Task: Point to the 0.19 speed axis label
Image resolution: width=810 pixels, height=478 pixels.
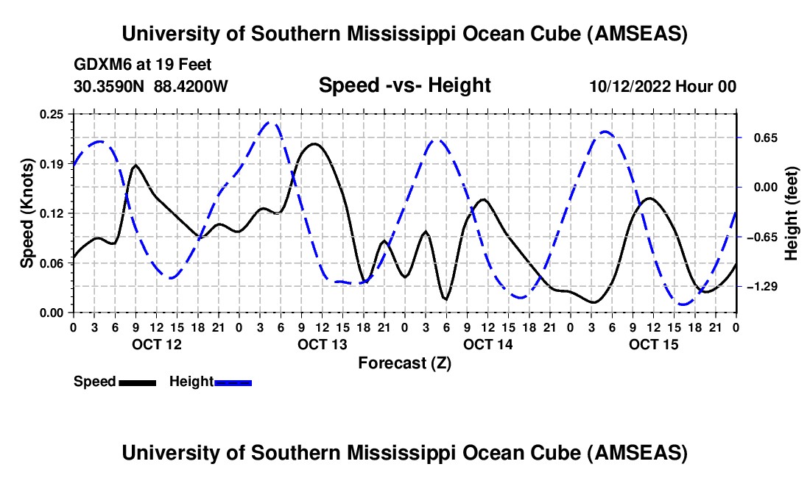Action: point(52,163)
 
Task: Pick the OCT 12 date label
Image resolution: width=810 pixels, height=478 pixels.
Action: point(155,344)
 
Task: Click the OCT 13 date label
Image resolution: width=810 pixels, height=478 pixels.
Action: point(322,344)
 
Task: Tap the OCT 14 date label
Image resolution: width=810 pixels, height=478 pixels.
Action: point(487,344)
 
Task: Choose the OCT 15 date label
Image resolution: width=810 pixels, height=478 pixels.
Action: point(653,344)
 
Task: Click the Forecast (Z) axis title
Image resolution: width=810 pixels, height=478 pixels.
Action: point(404,363)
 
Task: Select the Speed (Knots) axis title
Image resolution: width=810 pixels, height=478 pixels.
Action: point(27,213)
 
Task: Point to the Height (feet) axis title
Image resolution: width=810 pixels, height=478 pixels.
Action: point(792,213)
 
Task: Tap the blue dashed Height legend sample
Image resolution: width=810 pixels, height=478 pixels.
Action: point(233,382)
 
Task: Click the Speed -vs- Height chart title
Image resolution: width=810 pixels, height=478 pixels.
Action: point(404,86)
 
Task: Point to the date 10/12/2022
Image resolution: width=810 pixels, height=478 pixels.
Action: point(630,87)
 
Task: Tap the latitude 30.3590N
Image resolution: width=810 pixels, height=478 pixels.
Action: point(110,87)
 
